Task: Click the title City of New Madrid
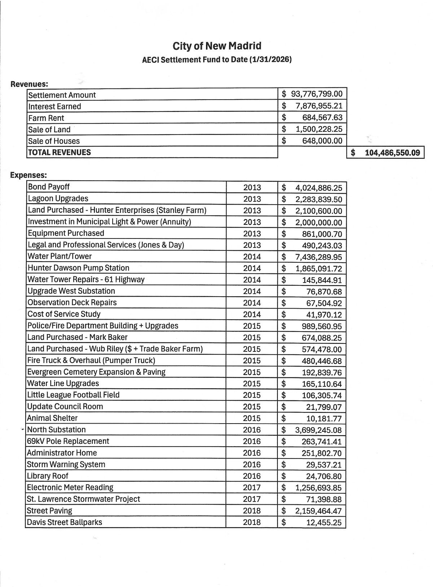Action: click(x=217, y=46)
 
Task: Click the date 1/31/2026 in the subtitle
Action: click(x=270, y=60)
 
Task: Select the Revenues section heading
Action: click(x=29, y=84)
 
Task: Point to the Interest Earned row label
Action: click(x=54, y=106)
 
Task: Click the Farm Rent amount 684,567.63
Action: click(x=322, y=118)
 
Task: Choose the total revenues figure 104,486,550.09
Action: click(x=392, y=153)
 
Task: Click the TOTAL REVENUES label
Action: click(x=60, y=152)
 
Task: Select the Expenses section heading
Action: click(x=29, y=175)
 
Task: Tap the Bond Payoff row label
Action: click(x=49, y=187)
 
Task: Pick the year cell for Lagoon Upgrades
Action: click(x=252, y=199)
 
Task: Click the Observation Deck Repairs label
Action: click(x=72, y=302)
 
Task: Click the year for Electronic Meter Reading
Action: click(x=252, y=488)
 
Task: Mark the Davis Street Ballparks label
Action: click(x=65, y=522)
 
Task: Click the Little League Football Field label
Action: click(x=73, y=395)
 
